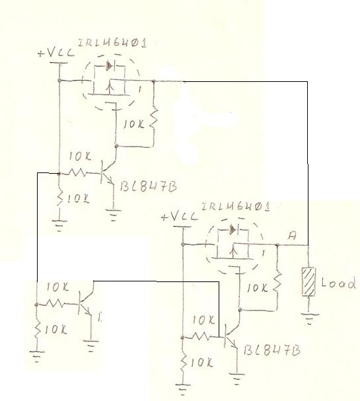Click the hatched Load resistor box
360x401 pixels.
[308, 281]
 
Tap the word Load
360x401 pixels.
[338, 283]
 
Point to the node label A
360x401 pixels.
[292, 235]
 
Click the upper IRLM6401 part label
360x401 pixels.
[112, 43]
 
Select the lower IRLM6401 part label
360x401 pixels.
[236, 207]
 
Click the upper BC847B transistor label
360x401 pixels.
[149, 186]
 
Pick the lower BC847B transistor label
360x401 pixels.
[271, 350]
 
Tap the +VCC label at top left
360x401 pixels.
[56, 52]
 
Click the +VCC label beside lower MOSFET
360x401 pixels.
[180, 217]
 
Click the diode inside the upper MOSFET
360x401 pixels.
[110, 66]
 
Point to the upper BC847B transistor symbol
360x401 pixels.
[108, 172]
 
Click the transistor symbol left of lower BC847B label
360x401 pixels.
[231, 336]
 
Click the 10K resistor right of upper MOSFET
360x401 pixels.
[153, 119]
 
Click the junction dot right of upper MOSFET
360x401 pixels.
[154, 81]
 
